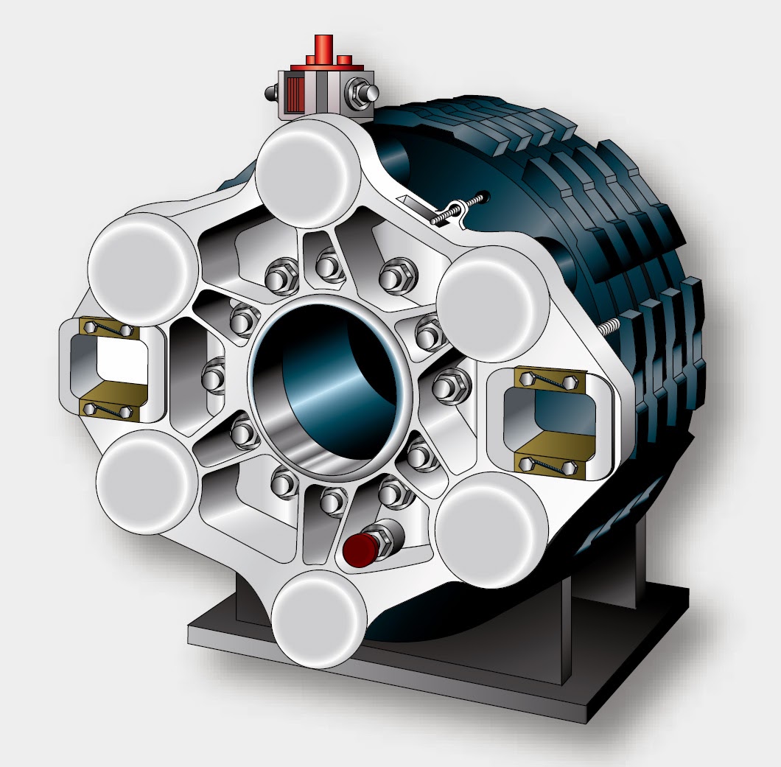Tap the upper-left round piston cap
[142, 266]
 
